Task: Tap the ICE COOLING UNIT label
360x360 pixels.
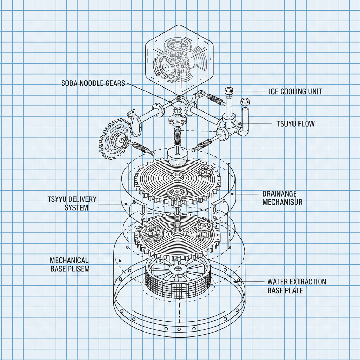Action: [295, 91]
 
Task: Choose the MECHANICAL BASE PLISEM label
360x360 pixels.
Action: [69, 264]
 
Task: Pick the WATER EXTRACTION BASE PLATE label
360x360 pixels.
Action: [296, 286]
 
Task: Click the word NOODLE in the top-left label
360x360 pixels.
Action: [94, 83]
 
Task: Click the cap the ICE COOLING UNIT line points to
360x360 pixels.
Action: [230, 91]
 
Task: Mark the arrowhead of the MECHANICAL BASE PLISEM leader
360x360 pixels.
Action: [121, 261]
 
